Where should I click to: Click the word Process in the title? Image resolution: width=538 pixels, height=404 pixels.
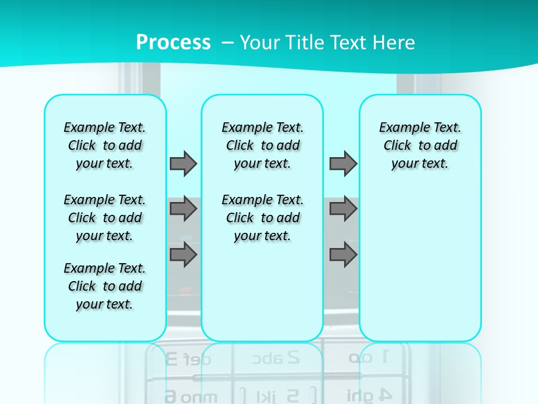tap(173, 43)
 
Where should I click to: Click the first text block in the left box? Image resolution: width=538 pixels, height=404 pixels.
tap(105, 145)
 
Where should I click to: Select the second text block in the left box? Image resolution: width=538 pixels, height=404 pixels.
tap(105, 218)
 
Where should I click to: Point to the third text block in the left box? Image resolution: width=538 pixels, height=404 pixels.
tap(105, 286)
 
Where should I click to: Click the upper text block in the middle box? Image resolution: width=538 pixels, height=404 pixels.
tap(263, 145)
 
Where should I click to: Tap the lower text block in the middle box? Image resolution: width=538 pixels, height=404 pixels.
tap(263, 218)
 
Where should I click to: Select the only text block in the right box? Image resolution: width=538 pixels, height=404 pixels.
tap(420, 145)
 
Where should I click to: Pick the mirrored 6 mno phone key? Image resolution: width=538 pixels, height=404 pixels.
tap(187, 396)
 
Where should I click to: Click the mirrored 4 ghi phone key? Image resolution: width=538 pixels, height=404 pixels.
tap(367, 394)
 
